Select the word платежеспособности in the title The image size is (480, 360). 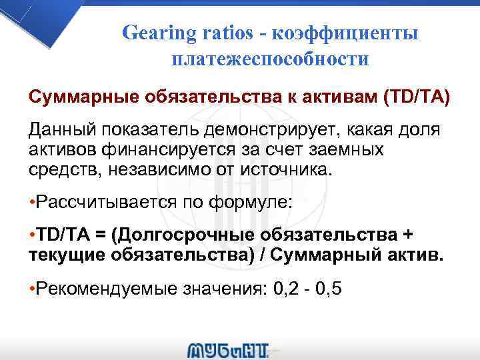pos(270,59)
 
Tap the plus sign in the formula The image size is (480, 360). pos(408,235)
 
